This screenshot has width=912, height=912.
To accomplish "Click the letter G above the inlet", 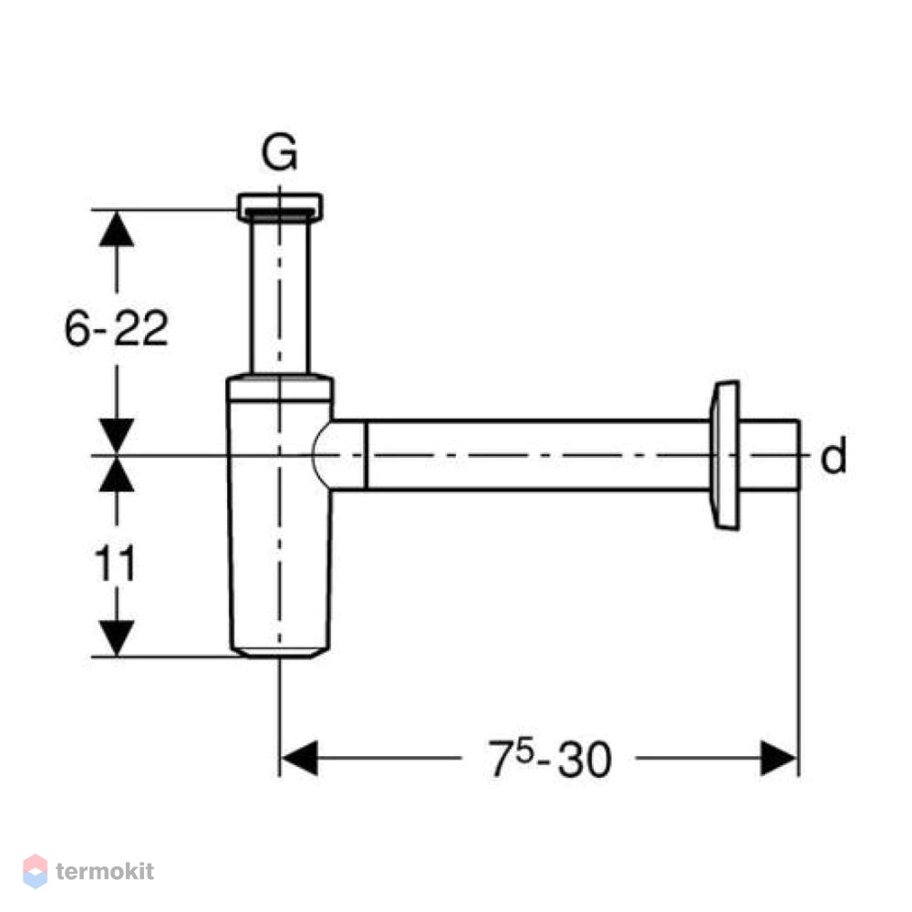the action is (x=280, y=152).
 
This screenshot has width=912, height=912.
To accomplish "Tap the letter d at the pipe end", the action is (x=833, y=456).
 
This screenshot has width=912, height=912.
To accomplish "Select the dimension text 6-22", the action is (x=116, y=328).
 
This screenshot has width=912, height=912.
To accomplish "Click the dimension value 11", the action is (x=115, y=563).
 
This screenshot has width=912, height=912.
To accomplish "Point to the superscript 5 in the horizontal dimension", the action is (x=524, y=752).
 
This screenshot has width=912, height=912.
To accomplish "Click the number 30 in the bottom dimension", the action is (x=585, y=760).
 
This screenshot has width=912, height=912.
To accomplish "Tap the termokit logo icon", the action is (x=35, y=871).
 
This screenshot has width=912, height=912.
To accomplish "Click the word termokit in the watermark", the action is (x=105, y=871).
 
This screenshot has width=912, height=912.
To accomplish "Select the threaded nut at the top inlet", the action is (x=280, y=206).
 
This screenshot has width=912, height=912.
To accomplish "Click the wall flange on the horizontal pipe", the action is (x=725, y=455).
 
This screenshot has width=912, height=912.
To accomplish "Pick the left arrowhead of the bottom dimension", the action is (x=299, y=758).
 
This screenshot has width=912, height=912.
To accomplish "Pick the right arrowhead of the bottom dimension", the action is (x=780, y=758).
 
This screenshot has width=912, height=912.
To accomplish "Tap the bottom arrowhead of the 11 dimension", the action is (x=117, y=638).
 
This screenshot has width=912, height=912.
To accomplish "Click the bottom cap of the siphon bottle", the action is (x=280, y=652).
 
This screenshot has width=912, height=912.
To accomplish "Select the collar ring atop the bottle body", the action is (x=280, y=389).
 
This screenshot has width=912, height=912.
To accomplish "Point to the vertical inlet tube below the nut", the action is (x=280, y=296).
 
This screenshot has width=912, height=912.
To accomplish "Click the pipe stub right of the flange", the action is (x=770, y=455).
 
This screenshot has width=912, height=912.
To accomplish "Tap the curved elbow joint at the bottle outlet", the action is (x=339, y=455).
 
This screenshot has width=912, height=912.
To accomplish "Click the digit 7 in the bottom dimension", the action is (x=501, y=760).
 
